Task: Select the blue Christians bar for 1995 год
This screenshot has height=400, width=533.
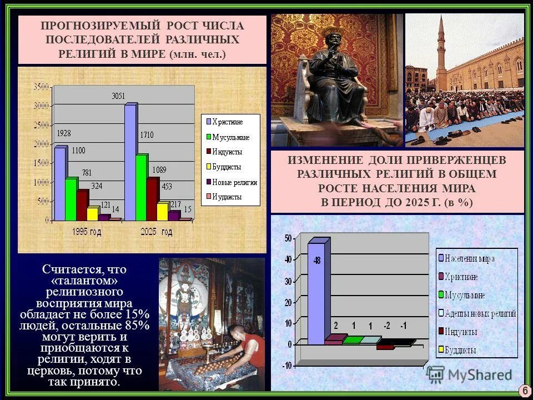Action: (59, 183)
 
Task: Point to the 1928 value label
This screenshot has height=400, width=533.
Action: (64, 133)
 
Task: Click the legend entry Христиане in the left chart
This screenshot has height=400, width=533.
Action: (228, 121)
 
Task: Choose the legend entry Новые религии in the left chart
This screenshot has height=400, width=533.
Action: (234, 182)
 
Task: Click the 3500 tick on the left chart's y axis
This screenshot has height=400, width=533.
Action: (41, 87)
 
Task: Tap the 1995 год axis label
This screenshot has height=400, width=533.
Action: (87, 232)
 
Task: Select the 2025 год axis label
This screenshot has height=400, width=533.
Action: (157, 232)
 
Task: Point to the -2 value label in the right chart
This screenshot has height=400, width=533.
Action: (387, 326)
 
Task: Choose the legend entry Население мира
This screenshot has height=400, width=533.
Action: (470, 258)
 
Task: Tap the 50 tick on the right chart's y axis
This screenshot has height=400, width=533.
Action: (287, 238)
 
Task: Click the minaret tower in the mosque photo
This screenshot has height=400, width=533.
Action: (440, 50)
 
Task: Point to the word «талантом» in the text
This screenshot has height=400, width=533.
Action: (84, 281)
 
